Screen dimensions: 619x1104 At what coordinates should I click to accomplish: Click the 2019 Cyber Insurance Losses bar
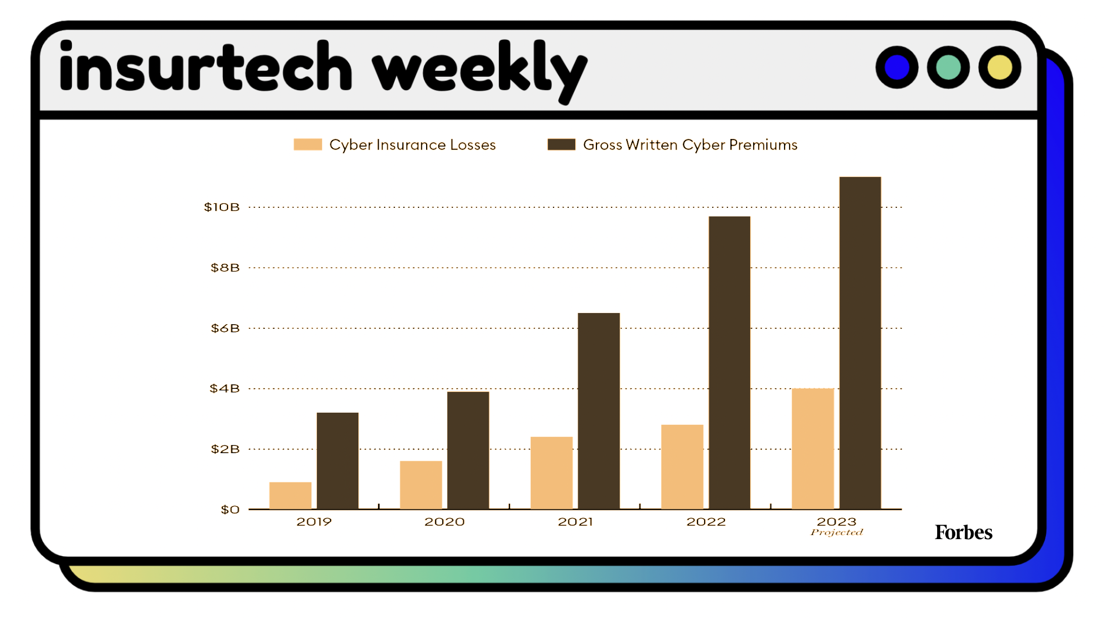(290, 496)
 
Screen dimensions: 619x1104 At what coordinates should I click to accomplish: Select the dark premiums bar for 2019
(338, 461)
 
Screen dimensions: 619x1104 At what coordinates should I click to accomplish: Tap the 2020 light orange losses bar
(421, 485)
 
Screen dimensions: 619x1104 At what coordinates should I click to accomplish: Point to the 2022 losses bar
(682, 467)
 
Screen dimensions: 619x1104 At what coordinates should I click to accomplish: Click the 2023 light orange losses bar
(812, 449)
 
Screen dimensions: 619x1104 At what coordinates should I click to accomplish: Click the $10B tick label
(221, 207)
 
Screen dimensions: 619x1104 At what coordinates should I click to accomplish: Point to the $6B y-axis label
(225, 328)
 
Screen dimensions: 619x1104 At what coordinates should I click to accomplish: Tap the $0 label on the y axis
(230, 510)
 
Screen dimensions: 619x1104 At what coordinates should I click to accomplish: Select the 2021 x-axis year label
(575, 522)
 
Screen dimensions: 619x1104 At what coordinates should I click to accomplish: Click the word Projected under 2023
(837, 533)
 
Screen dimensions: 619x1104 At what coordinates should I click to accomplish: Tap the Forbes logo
(963, 533)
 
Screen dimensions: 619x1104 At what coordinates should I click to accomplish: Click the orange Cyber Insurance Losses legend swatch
(307, 145)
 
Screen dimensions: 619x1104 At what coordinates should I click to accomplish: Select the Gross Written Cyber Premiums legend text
(690, 145)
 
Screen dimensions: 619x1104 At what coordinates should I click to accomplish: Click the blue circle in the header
(897, 68)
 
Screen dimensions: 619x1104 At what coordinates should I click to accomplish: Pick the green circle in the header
(948, 68)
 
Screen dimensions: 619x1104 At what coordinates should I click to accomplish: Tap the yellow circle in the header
(999, 68)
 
